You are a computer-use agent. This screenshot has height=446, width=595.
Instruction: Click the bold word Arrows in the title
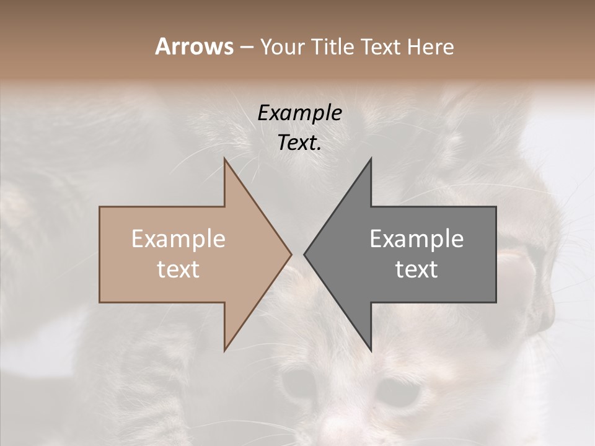tap(194, 46)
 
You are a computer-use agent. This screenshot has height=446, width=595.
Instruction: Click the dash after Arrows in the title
tap(246, 48)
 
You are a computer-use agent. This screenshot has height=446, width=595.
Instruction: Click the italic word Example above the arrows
tap(299, 113)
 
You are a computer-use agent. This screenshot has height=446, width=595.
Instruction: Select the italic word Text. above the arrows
tap(299, 142)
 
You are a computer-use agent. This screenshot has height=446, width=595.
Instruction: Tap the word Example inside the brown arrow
tap(178, 239)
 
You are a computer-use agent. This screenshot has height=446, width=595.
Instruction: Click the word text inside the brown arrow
tap(178, 269)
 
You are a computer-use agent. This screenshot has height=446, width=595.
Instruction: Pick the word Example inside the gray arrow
tap(416, 239)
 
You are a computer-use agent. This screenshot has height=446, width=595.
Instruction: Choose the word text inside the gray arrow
tap(416, 269)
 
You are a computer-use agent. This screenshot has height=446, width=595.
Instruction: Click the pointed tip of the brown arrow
tap(290, 254)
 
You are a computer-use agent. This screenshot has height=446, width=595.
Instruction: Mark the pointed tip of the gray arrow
tap(305, 254)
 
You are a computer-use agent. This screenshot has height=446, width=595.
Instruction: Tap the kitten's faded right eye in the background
tap(397, 390)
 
